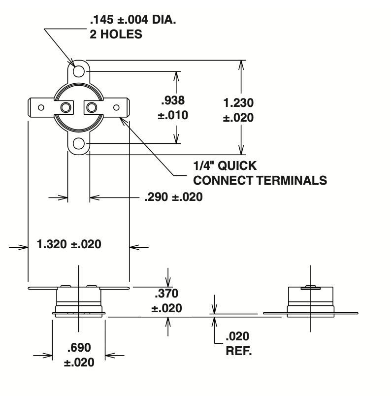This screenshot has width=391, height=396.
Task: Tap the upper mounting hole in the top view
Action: click(x=78, y=71)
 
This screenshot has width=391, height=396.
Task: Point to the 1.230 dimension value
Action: click(x=238, y=103)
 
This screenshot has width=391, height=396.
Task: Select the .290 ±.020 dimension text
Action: click(x=173, y=197)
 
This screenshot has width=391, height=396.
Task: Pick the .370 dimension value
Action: click(x=168, y=294)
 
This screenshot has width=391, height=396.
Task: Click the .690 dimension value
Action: click(x=79, y=347)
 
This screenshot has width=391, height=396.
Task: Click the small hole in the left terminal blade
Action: click(x=41, y=107)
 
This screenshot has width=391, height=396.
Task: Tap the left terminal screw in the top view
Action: click(x=65, y=107)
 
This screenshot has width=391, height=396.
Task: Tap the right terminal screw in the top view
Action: click(x=92, y=107)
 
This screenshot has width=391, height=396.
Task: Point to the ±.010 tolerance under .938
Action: click(x=172, y=116)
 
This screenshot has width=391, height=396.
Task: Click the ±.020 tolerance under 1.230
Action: click(x=238, y=118)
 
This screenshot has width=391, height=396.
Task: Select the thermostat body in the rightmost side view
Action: click(x=311, y=298)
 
